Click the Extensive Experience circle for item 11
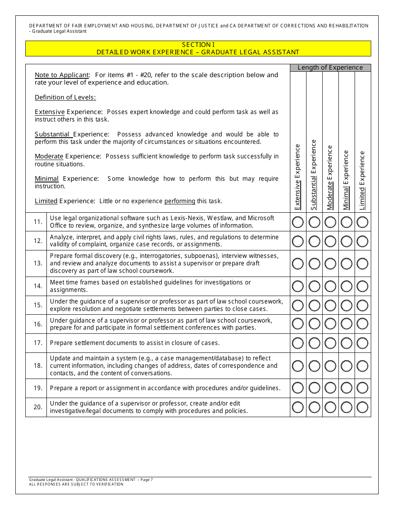[x=298, y=222]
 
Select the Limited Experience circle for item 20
[x=362, y=407]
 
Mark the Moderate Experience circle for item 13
[x=330, y=263]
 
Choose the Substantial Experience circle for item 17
[x=314, y=343]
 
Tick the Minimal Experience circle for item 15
[x=346, y=305]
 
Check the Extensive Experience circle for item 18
[x=298, y=366]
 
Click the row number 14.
[x=38, y=286]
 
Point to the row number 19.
[x=38, y=388]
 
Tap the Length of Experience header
[x=330, y=68]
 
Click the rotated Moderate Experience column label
[x=330, y=177]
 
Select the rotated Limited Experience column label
[x=362, y=180]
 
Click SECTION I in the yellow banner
[x=198, y=45]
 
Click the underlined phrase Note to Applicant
[x=62, y=75]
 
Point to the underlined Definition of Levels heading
[x=65, y=97]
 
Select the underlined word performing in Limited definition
[x=180, y=201]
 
